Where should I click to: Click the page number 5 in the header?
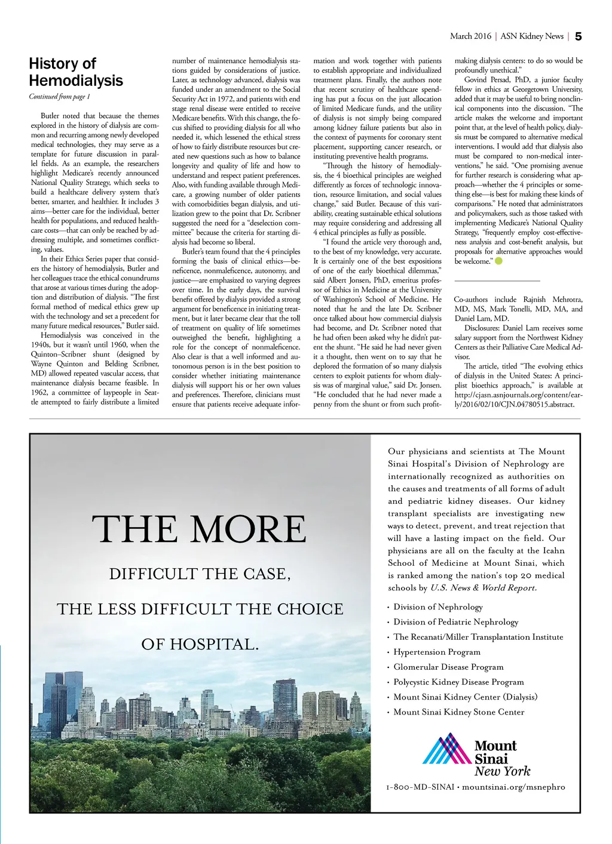[x=578, y=36]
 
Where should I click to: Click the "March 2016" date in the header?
[x=470, y=36]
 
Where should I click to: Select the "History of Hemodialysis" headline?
[x=76, y=72]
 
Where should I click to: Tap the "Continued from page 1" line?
[x=60, y=97]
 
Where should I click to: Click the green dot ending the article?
[x=499, y=261]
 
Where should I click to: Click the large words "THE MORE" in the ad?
[x=199, y=529]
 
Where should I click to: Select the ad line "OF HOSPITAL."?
[x=200, y=645]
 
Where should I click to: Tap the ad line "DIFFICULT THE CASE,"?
[x=200, y=574]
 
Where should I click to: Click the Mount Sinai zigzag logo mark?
[x=447, y=750]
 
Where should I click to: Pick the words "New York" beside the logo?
[x=503, y=771]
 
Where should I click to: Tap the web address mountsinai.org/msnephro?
[x=513, y=787]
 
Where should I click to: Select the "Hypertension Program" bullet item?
[x=437, y=652]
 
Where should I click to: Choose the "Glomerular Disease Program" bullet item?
[x=448, y=667]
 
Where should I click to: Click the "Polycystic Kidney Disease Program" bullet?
[x=458, y=682]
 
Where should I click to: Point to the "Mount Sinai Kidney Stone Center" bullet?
[x=458, y=712]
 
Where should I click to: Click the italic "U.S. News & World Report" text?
[x=483, y=588]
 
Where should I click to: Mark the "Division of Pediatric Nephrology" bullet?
[x=455, y=622]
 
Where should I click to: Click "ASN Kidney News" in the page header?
[x=532, y=36]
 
